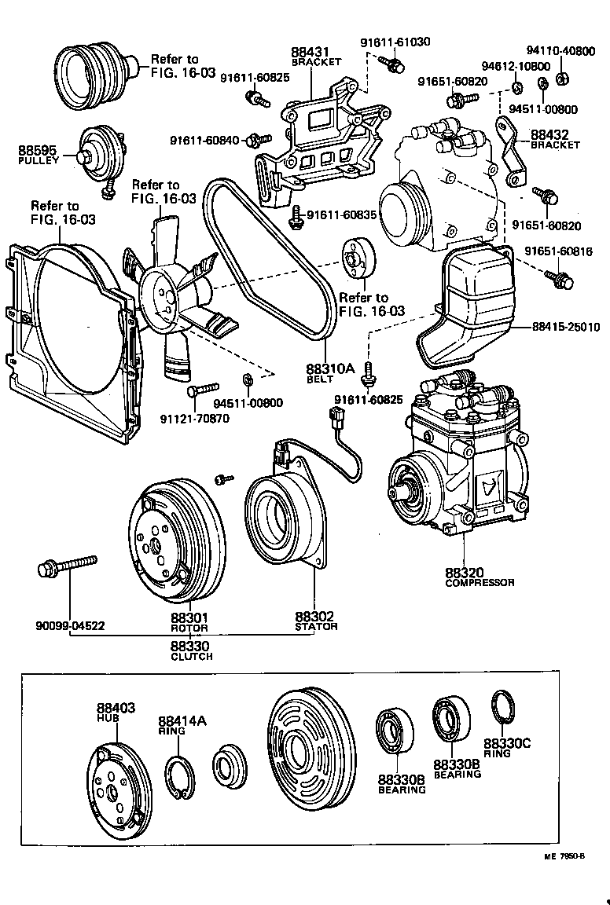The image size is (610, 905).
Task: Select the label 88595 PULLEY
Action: pos(39,153)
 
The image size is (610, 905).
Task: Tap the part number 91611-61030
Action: pos(395,42)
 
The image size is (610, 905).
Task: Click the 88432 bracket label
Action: pos(555,138)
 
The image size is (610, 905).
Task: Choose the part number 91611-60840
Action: pos(208,141)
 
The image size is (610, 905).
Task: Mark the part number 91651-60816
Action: pos(558,252)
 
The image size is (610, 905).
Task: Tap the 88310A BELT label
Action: pos(331,371)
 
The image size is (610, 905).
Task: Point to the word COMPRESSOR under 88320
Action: pos(480,583)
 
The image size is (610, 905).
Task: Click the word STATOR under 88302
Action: pos(316,627)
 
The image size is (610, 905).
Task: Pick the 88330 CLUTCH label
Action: pos(191,650)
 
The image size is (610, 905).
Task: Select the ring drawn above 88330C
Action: pos(503,707)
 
